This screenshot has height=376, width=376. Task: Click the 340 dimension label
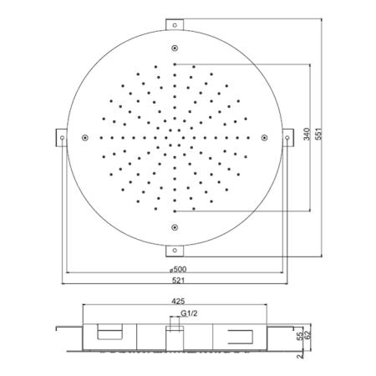tap(307, 134)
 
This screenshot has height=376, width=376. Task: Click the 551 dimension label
tap(318, 134)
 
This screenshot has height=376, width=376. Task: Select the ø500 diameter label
tap(178, 269)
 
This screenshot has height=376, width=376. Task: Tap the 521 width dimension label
tap(178, 280)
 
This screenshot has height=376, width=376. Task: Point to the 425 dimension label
tap(178, 301)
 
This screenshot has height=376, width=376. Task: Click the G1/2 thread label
tap(189, 313)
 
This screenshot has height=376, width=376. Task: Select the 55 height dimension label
tap(300, 336)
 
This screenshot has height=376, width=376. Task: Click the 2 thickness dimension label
tap(300, 356)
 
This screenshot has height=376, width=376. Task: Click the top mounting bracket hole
tap(175, 25)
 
